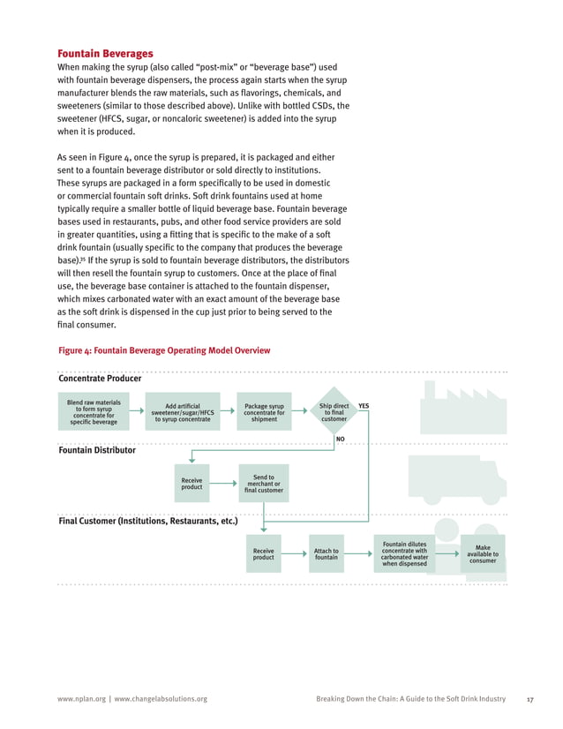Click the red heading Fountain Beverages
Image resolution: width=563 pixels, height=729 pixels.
[x=105, y=54]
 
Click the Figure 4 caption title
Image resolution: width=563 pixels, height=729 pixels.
[x=164, y=350]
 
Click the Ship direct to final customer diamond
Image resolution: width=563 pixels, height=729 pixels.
[x=334, y=412]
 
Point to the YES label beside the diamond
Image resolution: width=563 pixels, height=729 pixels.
[x=364, y=406]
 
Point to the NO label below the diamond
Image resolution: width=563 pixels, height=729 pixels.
[x=340, y=438]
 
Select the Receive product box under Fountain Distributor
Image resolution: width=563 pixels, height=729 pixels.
[x=191, y=484]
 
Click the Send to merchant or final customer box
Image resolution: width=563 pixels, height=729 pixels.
[x=263, y=484]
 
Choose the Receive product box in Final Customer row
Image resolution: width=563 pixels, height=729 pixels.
[x=263, y=554]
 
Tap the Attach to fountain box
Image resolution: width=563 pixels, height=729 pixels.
[x=326, y=554]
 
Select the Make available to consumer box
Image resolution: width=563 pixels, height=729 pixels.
[x=483, y=553]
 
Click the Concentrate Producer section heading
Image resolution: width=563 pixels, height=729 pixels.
[x=100, y=379]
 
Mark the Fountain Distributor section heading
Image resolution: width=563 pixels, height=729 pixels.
[x=97, y=450]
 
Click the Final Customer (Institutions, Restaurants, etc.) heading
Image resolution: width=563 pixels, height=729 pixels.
[x=147, y=521]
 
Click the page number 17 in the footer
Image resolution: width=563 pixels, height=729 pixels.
[x=529, y=699]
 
